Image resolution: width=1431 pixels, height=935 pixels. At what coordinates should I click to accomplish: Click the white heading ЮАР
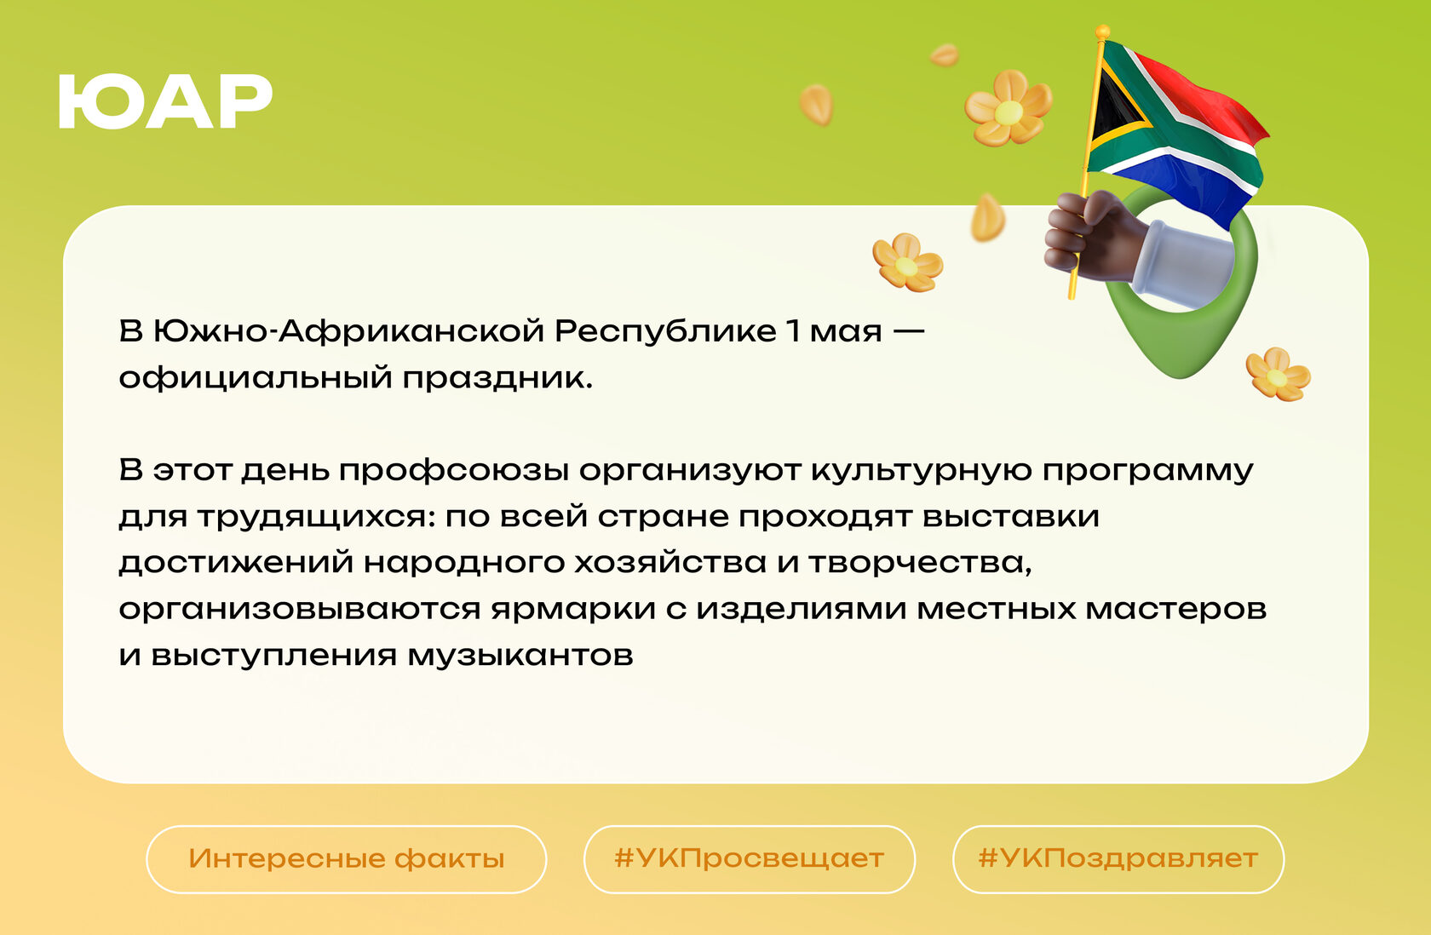(x=165, y=101)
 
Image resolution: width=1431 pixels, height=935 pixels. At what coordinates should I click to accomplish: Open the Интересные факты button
(x=346, y=859)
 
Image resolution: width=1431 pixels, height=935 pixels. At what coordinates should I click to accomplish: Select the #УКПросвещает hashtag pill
(x=750, y=859)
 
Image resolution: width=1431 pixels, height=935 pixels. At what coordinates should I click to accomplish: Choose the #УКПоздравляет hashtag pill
(x=1118, y=859)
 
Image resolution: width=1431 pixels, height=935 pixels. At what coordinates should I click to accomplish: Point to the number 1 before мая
(x=794, y=330)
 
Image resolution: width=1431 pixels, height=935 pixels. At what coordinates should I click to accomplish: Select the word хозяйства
(x=670, y=564)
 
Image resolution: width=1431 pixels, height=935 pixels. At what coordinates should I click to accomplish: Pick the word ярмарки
(x=574, y=611)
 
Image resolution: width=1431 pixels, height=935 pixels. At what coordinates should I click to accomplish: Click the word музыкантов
(x=520, y=657)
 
